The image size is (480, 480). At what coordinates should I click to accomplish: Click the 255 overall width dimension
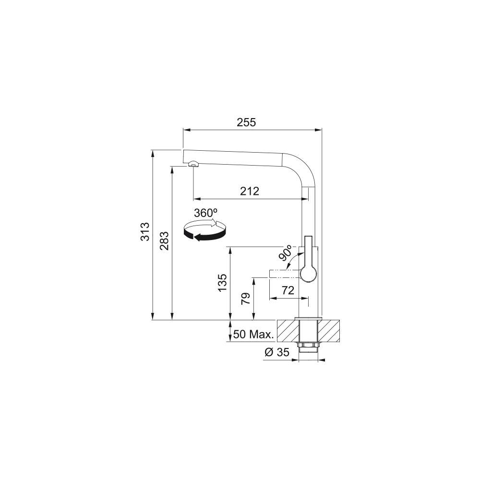pyautogui.click(x=246, y=122)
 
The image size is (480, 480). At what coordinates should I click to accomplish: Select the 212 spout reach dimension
pyautogui.click(x=250, y=192)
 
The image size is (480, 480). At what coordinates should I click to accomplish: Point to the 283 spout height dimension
pyautogui.click(x=164, y=241)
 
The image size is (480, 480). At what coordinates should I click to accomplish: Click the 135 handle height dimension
pyautogui.click(x=223, y=282)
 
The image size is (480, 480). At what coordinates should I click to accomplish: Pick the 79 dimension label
pyautogui.click(x=245, y=298)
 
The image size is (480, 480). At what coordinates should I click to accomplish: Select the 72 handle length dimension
pyautogui.click(x=288, y=290)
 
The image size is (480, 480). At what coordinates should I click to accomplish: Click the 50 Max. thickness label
pyautogui.click(x=253, y=334)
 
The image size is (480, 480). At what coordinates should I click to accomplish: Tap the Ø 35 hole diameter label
pyautogui.click(x=277, y=352)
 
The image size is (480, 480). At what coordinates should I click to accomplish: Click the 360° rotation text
pyautogui.click(x=205, y=213)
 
